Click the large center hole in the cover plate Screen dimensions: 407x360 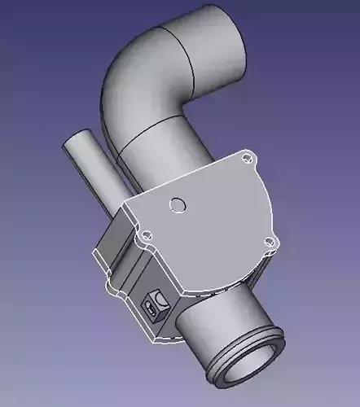pos(177,203)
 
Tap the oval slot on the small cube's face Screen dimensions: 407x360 pos(151,309)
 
